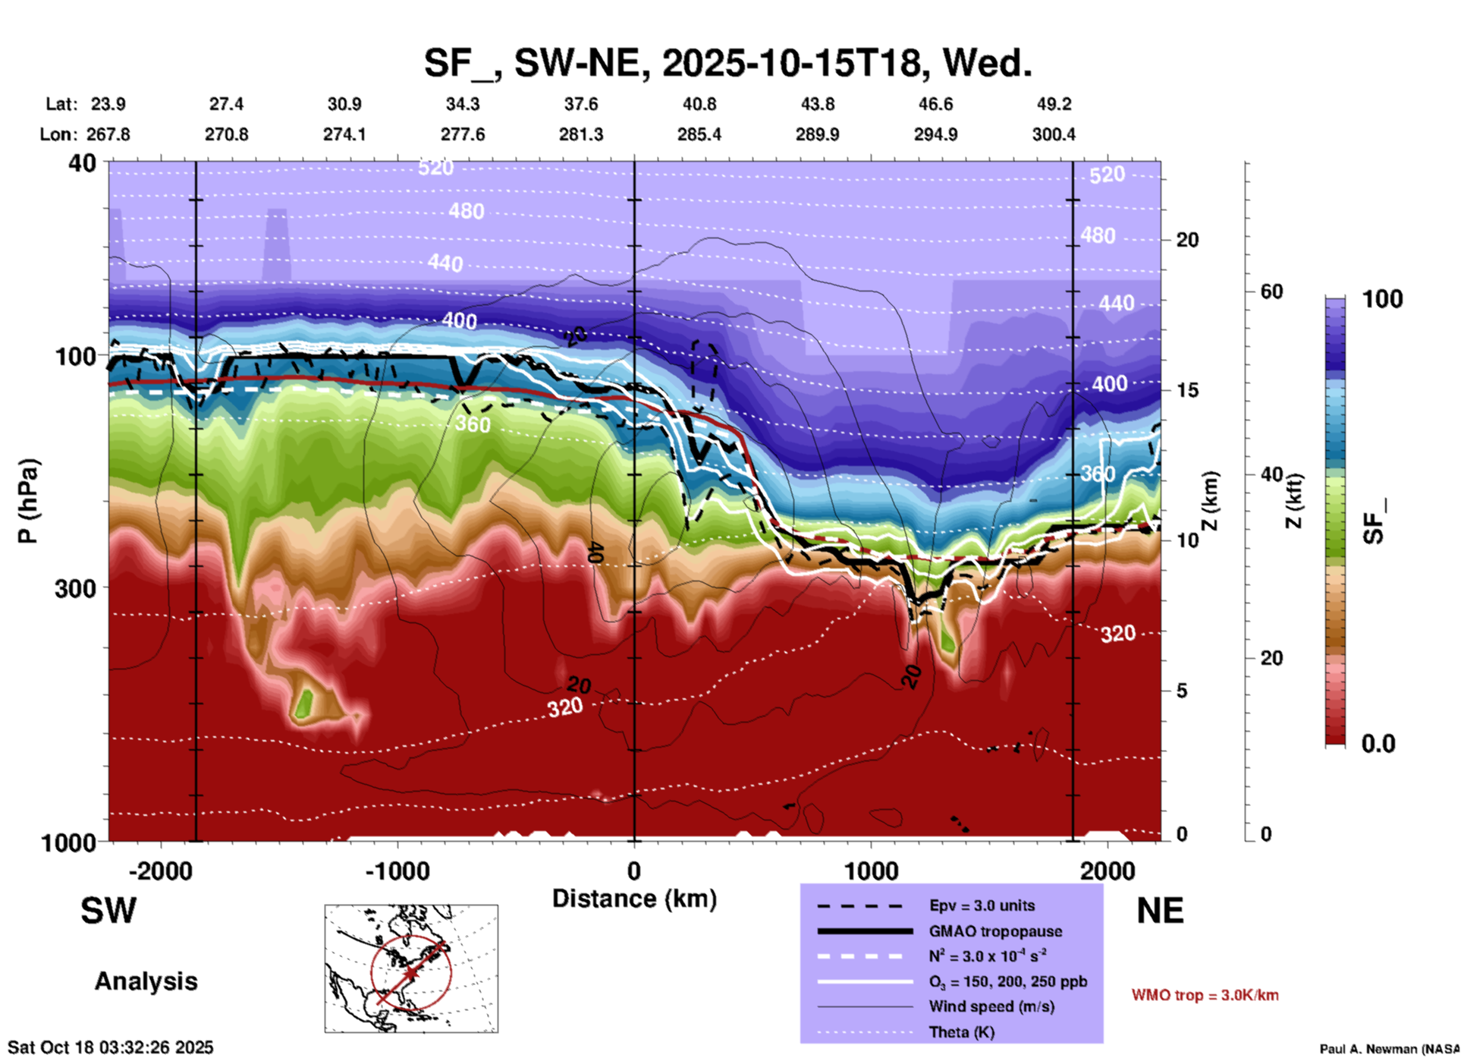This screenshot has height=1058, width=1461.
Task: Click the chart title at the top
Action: (x=727, y=63)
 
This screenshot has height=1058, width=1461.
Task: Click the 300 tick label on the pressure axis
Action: (x=75, y=588)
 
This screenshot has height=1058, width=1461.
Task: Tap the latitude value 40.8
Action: (x=699, y=104)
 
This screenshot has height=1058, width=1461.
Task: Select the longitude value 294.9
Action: (x=935, y=134)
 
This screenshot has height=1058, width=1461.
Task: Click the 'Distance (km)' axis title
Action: (x=634, y=899)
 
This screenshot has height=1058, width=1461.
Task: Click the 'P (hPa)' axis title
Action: (x=28, y=500)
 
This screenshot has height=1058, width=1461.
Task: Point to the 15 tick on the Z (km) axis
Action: (x=1187, y=390)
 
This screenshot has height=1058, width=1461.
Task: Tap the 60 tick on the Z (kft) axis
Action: (x=1271, y=291)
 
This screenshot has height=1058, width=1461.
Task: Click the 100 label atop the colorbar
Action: (x=1382, y=299)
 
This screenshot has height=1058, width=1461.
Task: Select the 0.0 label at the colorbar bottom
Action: (x=1378, y=744)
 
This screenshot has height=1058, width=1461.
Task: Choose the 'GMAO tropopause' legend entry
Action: (x=995, y=931)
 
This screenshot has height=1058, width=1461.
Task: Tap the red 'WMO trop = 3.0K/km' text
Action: (x=1205, y=995)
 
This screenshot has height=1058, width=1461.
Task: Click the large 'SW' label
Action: (x=108, y=910)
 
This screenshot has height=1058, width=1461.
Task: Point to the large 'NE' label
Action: (x=1159, y=910)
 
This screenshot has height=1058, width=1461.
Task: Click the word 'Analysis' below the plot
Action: (x=146, y=981)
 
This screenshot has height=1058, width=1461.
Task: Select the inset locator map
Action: (x=411, y=968)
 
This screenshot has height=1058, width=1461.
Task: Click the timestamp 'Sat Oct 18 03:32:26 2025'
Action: (x=111, y=1047)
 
